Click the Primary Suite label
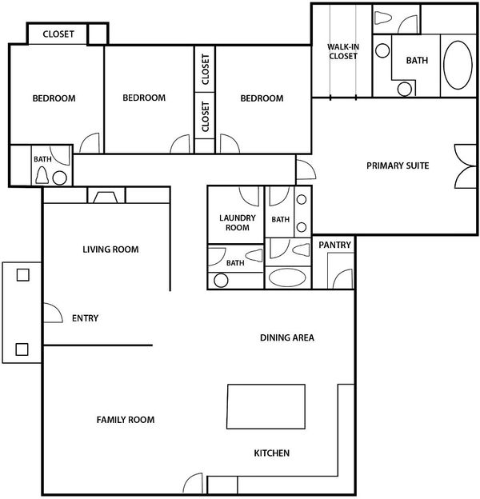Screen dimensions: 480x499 tap(398, 166)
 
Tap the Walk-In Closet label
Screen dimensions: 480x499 tap(343, 51)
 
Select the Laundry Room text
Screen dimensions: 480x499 tap(238, 223)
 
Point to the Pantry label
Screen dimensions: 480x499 tap(334, 245)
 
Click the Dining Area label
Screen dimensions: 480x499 tap(287, 337)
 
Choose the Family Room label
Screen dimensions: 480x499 tap(126, 420)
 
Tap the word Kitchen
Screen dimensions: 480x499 tap(272, 453)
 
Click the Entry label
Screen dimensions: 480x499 tap(85, 318)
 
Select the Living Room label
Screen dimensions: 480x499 tap(110, 249)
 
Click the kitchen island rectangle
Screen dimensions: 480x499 tap(266, 406)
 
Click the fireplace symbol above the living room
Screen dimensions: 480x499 tap(106, 198)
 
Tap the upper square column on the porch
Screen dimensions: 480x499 tap(23, 274)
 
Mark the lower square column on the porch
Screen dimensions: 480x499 tap(22, 349)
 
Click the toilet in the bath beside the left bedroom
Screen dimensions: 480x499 tap(42, 175)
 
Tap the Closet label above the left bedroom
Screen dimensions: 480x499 tap(58, 34)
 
